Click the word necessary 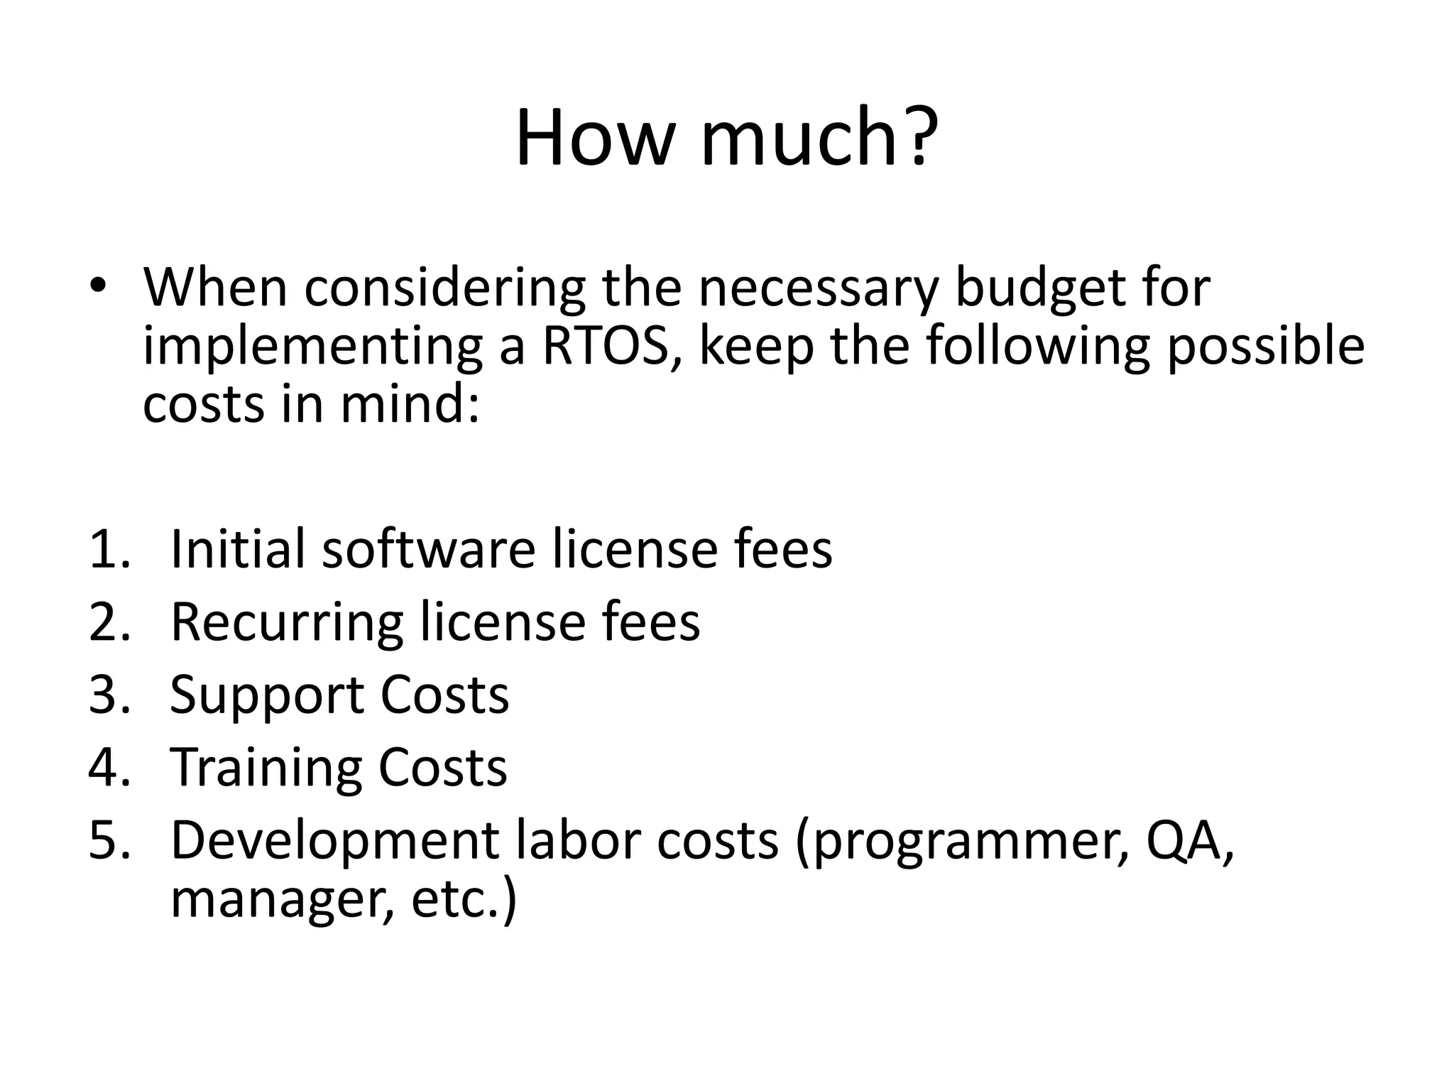(x=819, y=288)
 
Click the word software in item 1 (x=428, y=549)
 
